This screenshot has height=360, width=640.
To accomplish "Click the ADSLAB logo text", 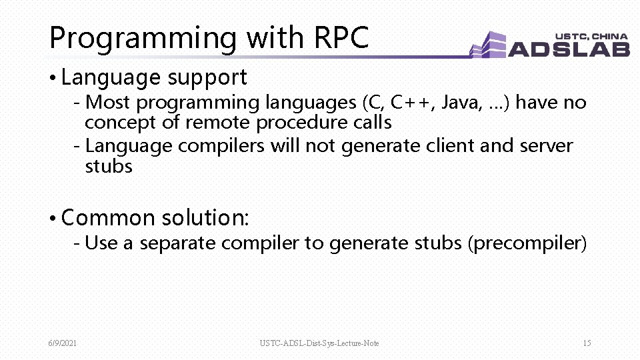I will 569,49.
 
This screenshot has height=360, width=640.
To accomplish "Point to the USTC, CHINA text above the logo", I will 591,36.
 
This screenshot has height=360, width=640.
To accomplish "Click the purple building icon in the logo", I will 489,46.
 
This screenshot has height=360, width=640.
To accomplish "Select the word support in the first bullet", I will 207,78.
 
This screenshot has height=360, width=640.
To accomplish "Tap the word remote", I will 218,123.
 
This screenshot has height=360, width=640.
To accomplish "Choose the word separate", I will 178,243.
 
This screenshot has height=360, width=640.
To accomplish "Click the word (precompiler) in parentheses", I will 527,243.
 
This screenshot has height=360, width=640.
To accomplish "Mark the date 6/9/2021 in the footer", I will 62,343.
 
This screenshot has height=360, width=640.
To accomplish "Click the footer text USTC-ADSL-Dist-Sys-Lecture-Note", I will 319,343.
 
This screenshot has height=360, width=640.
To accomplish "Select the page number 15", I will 587,343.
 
